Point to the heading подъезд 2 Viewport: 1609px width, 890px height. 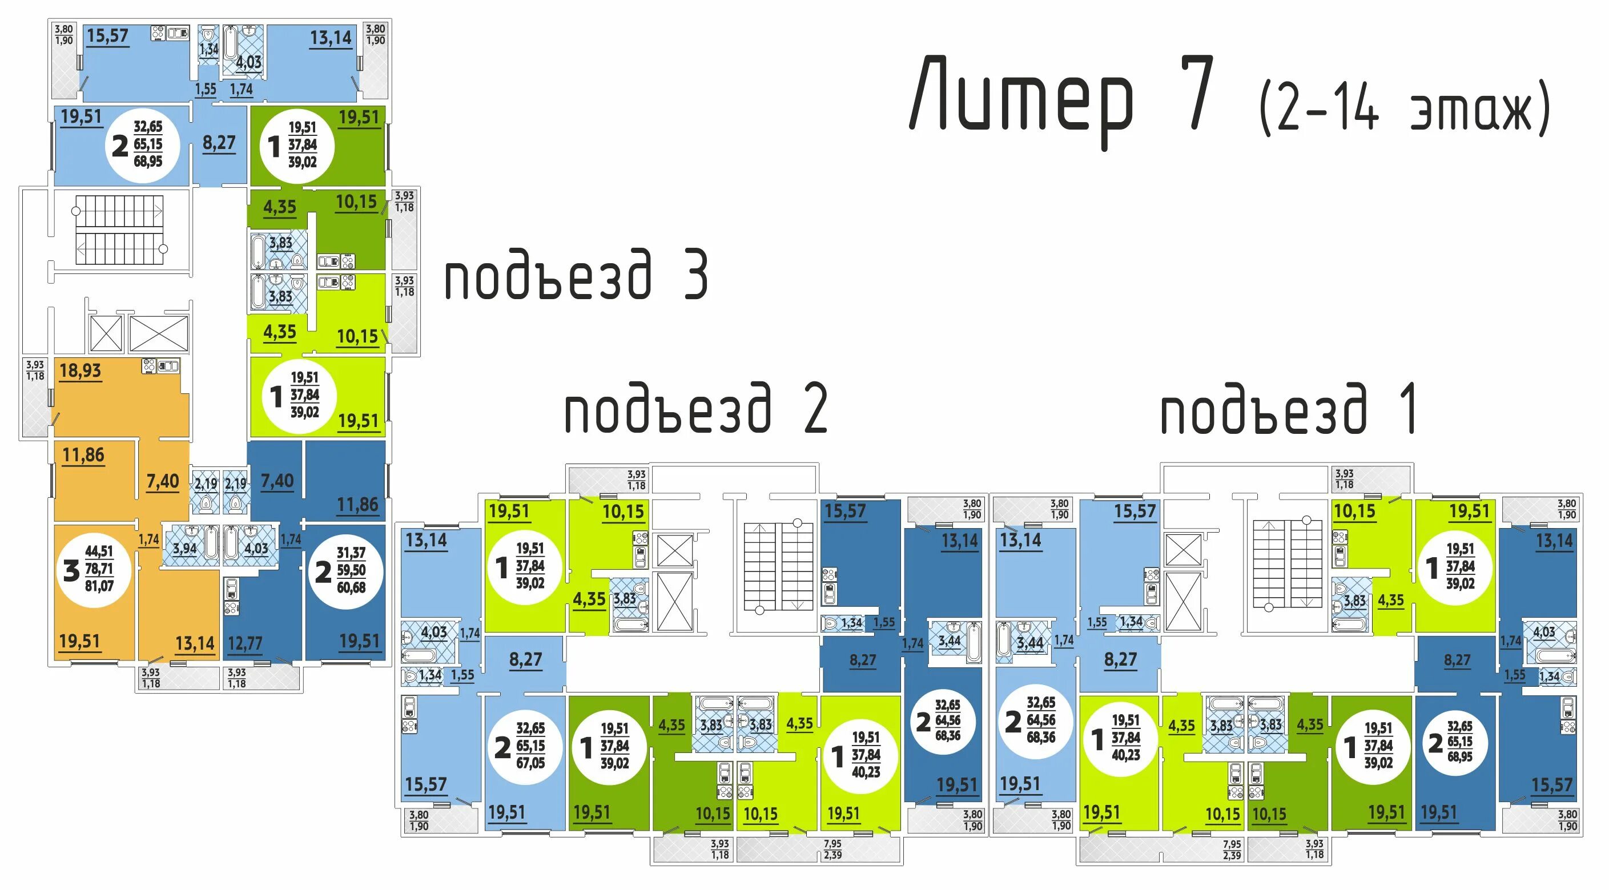click(696, 410)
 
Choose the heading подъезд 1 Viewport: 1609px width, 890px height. click(1288, 410)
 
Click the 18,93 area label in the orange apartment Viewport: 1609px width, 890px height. click(80, 371)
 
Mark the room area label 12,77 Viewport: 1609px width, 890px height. click(245, 643)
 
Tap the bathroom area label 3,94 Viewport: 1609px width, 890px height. click(184, 549)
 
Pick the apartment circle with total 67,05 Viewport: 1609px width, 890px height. click(524, 746)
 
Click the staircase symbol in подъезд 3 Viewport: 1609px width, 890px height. click(119, 230)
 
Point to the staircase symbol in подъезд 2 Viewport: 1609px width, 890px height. click(778, 566)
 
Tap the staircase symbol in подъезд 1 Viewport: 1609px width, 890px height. click(1287, 563)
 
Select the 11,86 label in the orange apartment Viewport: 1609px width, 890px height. click(83, 456)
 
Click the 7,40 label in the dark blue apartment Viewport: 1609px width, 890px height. click(277, 481)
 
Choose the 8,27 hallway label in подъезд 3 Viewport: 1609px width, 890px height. click(219, 143)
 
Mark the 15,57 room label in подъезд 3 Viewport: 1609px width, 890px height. click(107, 36)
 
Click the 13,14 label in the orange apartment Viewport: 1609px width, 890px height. click(194, 643)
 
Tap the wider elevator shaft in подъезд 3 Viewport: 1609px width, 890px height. click(158, 333)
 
